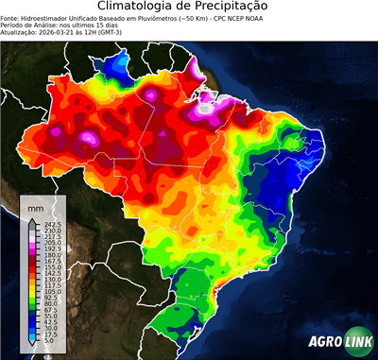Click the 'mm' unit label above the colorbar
click(34, 206)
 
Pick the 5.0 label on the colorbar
click(49, 342)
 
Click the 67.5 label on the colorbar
click(49, 311)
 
